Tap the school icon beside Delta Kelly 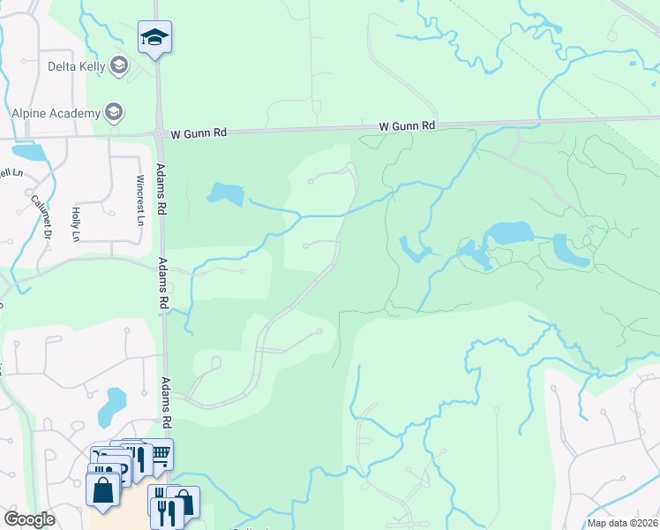[x=119, y=64]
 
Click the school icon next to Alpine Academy [x=113, y=112]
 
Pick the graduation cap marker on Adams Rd [x=154, y=38]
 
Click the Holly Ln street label [x=76, y=224]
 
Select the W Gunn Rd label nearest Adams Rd [x=199, y=132]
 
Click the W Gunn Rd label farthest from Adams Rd [x=407, y=126]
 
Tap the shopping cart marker [x=159, y=453]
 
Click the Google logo [x=29, y=519]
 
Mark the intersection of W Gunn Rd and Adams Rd [x=159, y=134]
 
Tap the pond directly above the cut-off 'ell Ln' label [x=30, y=151]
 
